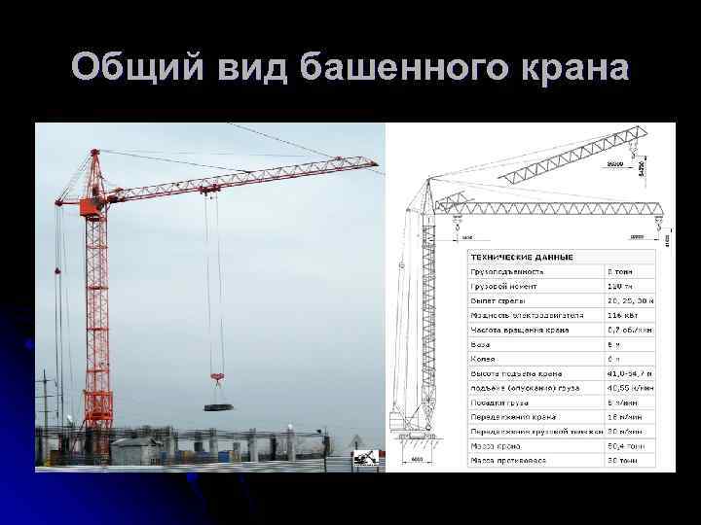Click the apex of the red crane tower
[94, 152]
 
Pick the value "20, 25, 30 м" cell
[629, 300]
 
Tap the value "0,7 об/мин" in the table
[628, 330]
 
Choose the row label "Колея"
[484, 359]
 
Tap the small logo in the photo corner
[365, 458]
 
